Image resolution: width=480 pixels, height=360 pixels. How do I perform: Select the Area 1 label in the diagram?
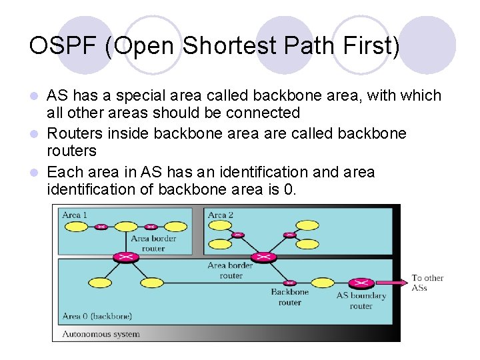point(75,215)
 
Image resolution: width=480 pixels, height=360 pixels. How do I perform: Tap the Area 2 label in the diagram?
point(221,215)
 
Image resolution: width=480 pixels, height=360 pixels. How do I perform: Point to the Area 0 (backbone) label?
point(97,315)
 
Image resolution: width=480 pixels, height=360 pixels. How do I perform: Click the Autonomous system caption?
point(101,333)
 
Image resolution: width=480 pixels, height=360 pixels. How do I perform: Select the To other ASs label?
point(427,282)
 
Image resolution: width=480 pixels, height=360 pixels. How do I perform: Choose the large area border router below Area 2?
point(263,257)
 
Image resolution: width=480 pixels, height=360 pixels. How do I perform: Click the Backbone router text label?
point(290,297)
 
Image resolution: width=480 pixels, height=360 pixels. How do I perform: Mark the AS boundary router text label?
point(361,301)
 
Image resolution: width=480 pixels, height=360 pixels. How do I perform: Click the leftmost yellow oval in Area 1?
point(75,227)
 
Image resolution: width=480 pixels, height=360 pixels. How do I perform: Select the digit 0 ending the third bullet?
point(288,189)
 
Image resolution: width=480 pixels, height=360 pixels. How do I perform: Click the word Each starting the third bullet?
point(65,172)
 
